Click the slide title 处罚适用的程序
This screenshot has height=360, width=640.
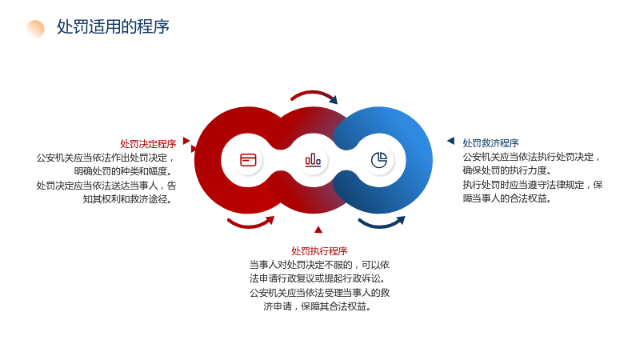(113, 27)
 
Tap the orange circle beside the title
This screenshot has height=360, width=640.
(35, 29)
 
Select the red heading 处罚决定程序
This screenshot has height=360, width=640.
(148, 144)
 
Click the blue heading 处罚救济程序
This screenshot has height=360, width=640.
(490, 143)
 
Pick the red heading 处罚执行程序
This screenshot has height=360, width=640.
(319, 251)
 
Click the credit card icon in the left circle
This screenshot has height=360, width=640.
(248, 160)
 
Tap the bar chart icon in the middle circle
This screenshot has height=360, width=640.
(313, 160)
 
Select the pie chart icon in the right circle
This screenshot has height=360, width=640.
(379, 160)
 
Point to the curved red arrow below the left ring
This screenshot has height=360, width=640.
(250, 225)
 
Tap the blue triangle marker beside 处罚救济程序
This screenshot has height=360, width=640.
(451, 141)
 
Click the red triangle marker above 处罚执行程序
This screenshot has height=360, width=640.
(318, 230)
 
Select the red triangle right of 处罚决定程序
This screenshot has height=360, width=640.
(186, 141)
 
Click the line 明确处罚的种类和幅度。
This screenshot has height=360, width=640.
(123, 171)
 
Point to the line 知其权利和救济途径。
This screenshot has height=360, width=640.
(127, 199)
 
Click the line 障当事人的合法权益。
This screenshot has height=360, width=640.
(507, 198)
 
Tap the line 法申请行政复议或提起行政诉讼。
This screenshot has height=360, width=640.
(318, 278)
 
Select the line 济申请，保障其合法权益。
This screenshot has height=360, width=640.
(317, 306)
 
